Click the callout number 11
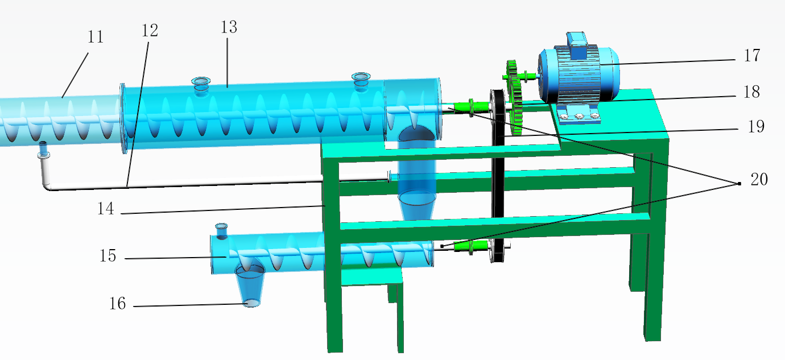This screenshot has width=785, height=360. [x=96, y=37]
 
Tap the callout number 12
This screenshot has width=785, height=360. [x=150, y=31]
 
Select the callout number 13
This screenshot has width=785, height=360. [x=229, y=27]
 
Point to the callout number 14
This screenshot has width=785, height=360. [x=105, y=209]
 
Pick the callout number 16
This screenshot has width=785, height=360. [x=117, y=303]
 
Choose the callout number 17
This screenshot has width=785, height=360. [x=752, y=55]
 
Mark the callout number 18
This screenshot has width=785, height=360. [x=751, y=92]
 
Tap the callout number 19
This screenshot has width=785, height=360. [x=756, y=127]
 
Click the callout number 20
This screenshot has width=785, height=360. [x=759, y=180]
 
